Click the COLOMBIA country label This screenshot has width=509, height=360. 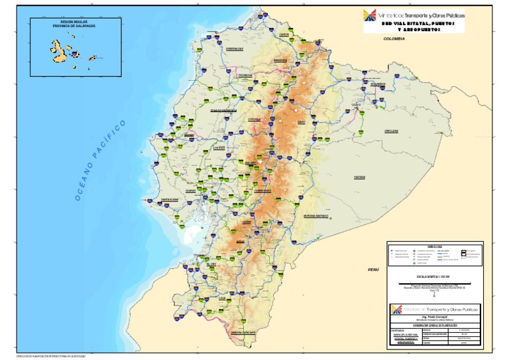tap(394, 40)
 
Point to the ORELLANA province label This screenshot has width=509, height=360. tap(372, 131)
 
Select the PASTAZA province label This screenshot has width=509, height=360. tap(360, 177)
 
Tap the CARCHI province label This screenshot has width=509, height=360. tap(286, 34)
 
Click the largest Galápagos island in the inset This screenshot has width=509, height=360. tap(56, 48)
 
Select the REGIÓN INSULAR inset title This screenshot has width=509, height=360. tap(74, 24)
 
